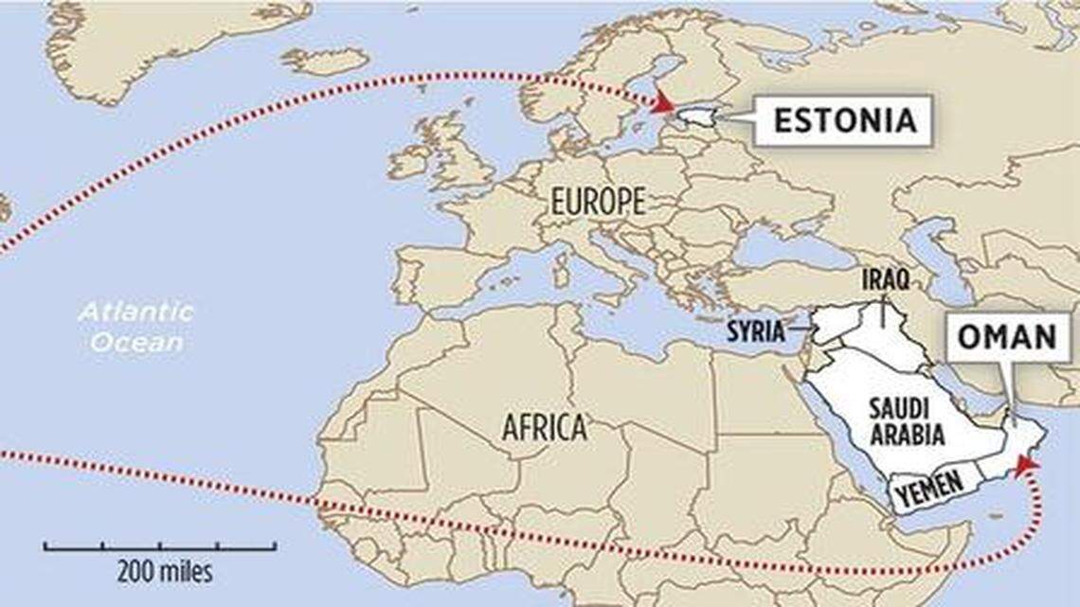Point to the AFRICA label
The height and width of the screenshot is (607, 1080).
[x=544, y=428]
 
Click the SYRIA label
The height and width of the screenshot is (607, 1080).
[x=755, y=331]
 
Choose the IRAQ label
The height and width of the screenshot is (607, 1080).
[x=886, y=278]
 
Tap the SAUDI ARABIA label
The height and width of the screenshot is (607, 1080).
[x=907, y=422]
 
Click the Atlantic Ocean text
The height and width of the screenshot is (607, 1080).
[x=135, y=326]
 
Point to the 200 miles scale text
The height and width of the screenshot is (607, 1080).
[x=165, y=572]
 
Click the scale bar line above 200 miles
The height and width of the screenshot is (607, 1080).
[x=160, y=546]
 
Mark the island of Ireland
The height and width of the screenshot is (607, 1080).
[x=410, y=162]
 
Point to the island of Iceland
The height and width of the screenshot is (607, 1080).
[x=325, y=62]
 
